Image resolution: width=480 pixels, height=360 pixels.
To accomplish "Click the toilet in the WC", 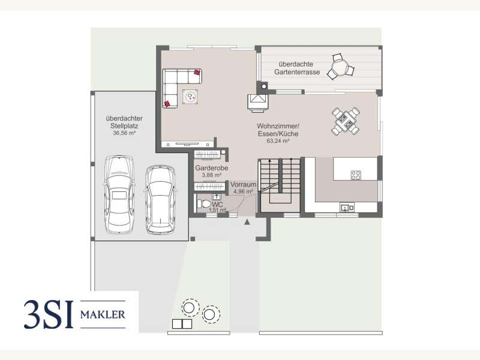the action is tap(203, 203).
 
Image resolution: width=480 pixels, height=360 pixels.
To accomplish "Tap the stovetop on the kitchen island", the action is tap(356, 175).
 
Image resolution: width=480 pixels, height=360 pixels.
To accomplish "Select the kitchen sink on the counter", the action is tap(347, 208).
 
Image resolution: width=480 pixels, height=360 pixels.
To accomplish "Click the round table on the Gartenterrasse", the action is tap(340, 67).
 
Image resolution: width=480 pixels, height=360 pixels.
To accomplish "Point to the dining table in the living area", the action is tap(346, 121).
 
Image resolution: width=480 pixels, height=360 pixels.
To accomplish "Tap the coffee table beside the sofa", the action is tap(190, 97).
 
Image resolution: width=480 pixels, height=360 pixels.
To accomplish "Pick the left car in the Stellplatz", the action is tap(119, 194).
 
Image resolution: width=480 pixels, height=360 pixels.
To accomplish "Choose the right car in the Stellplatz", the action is tap(160, 200).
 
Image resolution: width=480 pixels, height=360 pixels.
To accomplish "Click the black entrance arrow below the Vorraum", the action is tap(247, 222).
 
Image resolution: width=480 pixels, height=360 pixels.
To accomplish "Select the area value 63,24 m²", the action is tap(278, 141).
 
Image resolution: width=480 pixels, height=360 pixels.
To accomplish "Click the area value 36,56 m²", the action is tap(124, 133).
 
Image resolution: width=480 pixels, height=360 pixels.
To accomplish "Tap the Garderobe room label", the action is tap(212, 168).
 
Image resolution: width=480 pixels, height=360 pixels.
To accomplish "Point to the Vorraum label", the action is tap(243, 184).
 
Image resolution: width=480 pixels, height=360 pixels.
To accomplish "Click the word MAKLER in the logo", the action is tap(103, 314).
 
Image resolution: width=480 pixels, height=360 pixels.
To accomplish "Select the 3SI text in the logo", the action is tap(49, 314).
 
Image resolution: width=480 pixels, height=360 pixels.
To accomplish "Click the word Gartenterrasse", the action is tap(297, 72).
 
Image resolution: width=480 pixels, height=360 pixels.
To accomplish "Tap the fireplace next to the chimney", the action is tap(258, 102).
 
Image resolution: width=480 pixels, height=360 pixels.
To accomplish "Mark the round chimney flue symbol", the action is tap(263, 86).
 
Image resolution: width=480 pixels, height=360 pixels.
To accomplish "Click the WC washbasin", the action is tap(217, 197).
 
